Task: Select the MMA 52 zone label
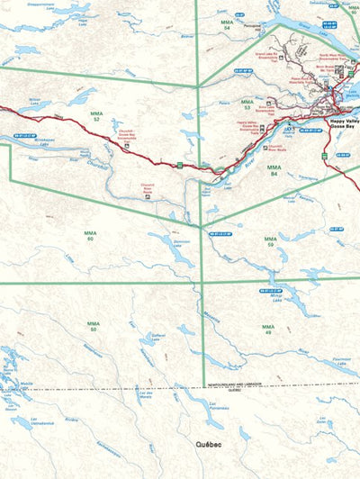(x=95, y=116)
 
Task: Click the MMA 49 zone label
(x=266, y=330)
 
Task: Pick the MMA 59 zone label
(x=268, y=241)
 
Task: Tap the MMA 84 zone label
(x=273, y=169)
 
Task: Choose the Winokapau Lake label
(x=47, y=141)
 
